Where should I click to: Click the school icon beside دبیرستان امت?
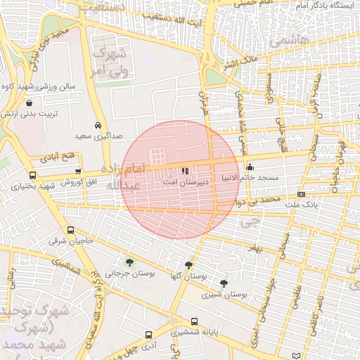[184, 171]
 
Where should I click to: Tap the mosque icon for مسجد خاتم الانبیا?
[250, 167]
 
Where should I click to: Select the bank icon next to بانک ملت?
[302, 194]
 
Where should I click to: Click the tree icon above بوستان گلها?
[188, 265]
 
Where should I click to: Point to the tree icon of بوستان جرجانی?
[127, 262]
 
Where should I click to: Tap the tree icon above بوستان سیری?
[224, 283]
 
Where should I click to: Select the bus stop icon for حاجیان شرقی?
[70, 231]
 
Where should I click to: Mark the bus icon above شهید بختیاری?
[32, 176]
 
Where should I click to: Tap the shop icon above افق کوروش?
[78, 172]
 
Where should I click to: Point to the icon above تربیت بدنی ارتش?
[28, 103]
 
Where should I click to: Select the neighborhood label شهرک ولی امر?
[108, 63]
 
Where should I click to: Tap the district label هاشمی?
[293, 42]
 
